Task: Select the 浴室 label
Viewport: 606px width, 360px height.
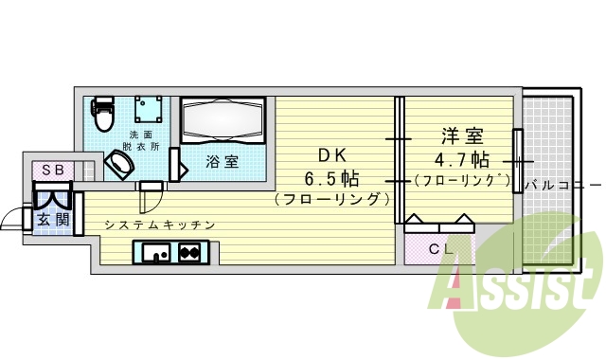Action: (223, 161)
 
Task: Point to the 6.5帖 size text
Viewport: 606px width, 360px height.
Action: (331, 178)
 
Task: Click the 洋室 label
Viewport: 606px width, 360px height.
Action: (460, 135)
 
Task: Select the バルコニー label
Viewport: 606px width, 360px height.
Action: (562, 184)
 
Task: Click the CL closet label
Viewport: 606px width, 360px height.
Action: (438, 249)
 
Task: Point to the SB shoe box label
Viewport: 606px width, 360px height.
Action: (52, 170)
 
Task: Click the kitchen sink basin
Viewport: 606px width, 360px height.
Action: (155, 253)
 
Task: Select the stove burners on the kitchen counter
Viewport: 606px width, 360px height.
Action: (188, 253)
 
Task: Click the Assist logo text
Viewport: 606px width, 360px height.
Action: (517, 288)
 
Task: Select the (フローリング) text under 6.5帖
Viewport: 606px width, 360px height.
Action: (331, 200)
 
